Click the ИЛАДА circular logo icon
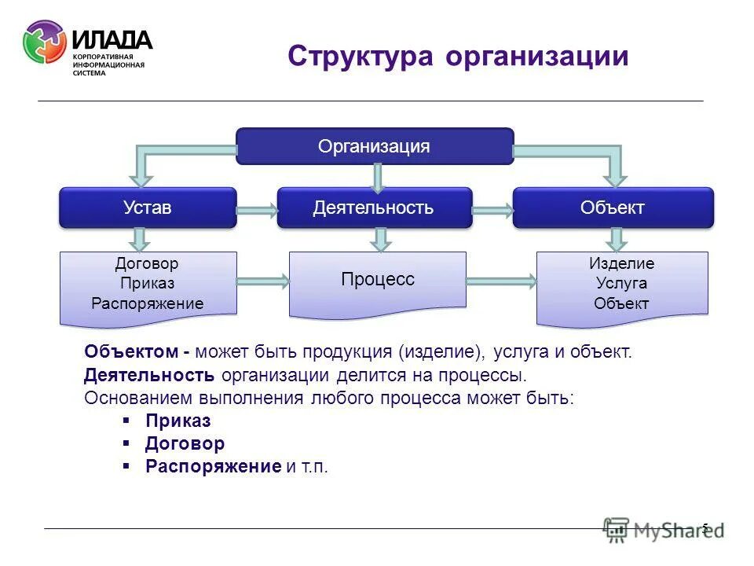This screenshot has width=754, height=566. pos(45,42)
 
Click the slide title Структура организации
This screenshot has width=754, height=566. pos(458,57)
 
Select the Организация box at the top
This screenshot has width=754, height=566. pos(375,146)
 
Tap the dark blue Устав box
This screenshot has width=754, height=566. pos(148,208)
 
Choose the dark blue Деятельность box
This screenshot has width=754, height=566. pos(374,208)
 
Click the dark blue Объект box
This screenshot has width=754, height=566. pos(613,208)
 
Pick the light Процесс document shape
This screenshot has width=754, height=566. pos(377,281)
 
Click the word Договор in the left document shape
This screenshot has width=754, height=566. pos(147,264)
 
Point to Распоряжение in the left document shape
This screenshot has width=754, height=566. pos(147,303)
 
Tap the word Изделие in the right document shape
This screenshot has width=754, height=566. pos(621,264)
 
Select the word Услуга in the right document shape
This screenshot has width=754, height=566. pos(621,284)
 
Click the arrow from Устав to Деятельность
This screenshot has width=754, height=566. pos(257,209)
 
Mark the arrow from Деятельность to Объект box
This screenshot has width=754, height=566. pos(492,210)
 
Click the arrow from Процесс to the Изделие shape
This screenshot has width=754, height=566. pos(501,281)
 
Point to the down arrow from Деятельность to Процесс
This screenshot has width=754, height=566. pos(381,239)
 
